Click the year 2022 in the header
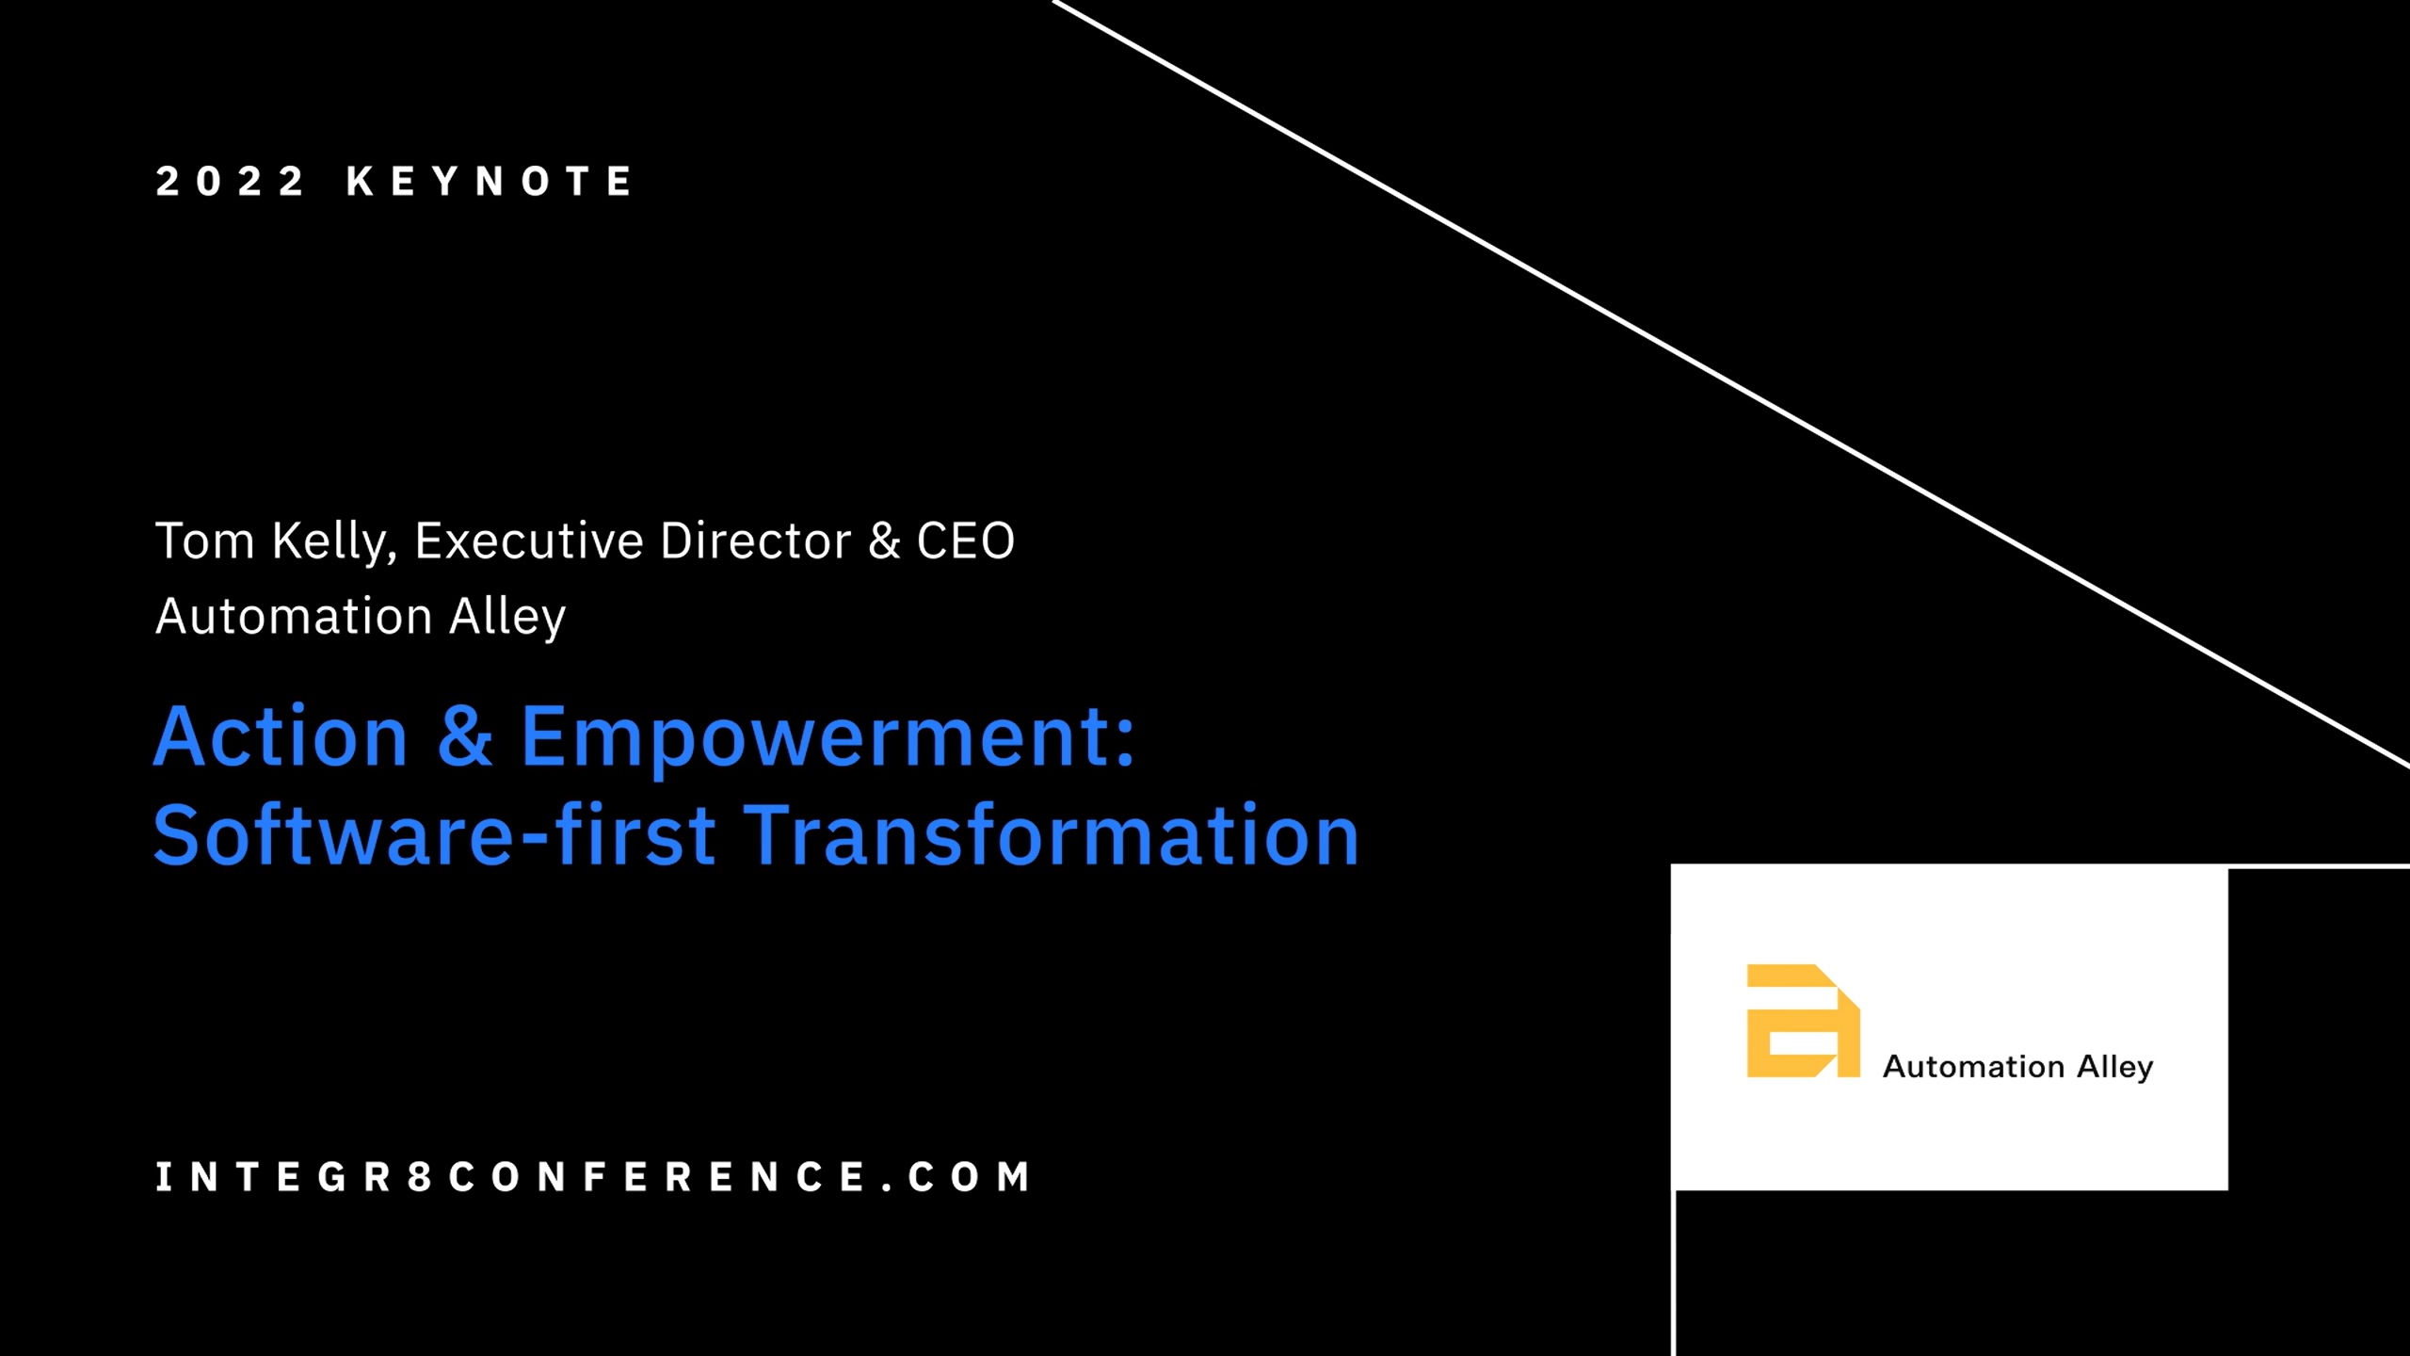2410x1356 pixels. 230,181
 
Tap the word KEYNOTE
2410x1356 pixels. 490,181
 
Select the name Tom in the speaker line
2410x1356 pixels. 204,541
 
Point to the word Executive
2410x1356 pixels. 528,541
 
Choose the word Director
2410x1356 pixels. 756,541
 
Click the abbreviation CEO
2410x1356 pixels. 966,541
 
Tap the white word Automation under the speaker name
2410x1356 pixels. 294,616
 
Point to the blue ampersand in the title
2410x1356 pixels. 465,736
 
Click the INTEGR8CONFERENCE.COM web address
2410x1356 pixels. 594,1177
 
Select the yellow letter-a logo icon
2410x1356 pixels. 1803,1021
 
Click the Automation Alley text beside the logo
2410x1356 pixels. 2017,1067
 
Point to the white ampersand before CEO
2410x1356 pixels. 884,541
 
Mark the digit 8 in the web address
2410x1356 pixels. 419,1177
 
